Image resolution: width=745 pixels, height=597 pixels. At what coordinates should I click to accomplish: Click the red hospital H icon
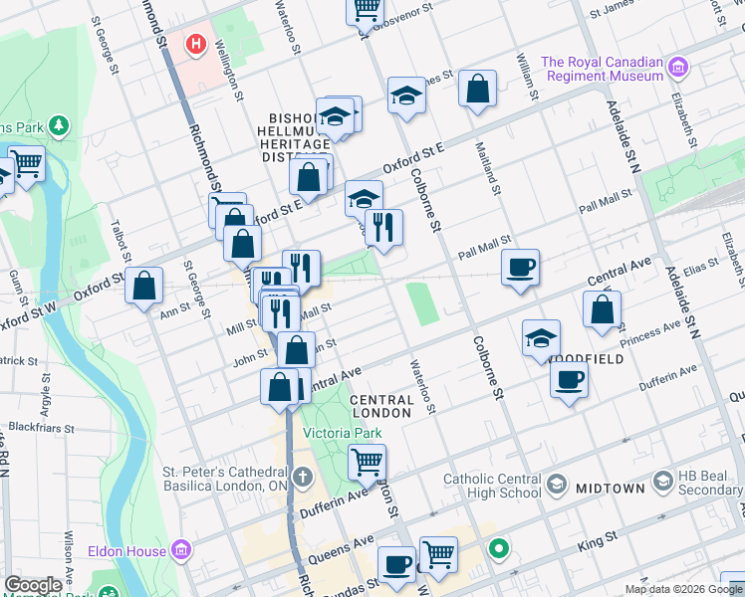[x=196, y=45]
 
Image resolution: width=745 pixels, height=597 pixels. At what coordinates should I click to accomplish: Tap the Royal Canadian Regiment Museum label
[x=602, y=69]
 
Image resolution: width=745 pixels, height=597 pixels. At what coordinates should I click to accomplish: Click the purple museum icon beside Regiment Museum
[x=679, y=69]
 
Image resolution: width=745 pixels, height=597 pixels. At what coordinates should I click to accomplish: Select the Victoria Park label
[x=343, y=433]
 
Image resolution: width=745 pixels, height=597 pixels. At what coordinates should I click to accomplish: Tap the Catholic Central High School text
[x=493, y=486]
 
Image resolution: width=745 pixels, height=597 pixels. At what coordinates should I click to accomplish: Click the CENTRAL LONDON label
[x=382, y=406]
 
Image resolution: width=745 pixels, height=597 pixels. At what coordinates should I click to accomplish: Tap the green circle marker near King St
[x=498, y=548]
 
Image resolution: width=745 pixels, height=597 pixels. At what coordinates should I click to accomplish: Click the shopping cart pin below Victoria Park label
[x=367, y=462]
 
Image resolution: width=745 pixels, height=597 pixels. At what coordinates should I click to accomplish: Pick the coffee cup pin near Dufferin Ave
[x=569, y=379]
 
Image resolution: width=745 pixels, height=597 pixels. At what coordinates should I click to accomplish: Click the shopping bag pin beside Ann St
[x=145, y=286]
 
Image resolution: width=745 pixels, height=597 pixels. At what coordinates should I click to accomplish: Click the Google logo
[x=33, y=585]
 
